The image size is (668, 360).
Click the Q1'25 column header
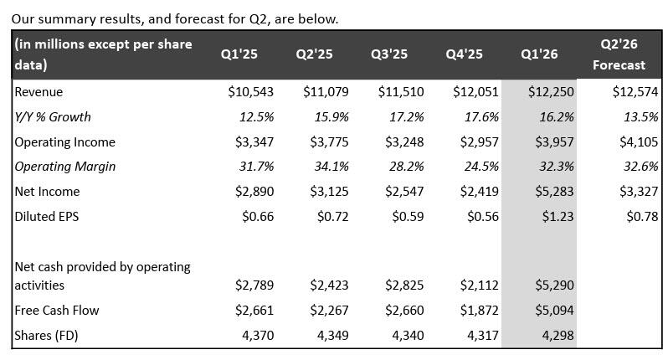coord(239,54)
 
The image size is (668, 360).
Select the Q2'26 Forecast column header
coord(619,54)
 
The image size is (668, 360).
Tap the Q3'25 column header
coord(389,54)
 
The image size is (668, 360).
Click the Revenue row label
coord(39,92)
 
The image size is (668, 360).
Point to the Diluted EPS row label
coord(47,217)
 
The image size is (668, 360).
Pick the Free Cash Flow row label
coord(57,310)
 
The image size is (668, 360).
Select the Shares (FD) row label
coord(46,336)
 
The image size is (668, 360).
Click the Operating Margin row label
coord(65,167)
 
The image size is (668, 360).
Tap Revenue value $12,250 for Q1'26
coord(551,92)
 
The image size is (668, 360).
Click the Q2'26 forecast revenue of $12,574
coord(635,92)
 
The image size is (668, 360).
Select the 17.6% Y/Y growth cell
coord(481,116)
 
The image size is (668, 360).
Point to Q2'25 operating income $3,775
coord(329,141)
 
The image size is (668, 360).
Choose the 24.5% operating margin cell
coord(481,167)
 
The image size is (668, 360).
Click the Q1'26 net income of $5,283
coord(554,192)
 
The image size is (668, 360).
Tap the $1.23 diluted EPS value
coord(558,217)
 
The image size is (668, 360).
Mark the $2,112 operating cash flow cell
coord(480,285)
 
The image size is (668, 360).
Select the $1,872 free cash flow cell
coord(480,310)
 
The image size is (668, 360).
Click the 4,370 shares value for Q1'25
coord(258,336)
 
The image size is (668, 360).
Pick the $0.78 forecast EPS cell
coord(642,217)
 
